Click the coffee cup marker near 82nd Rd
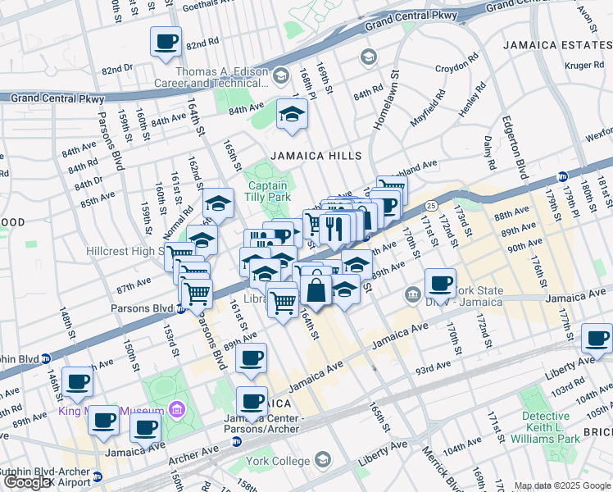tap(166, 41)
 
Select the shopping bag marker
tap(316, 289)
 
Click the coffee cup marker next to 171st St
tap(441, 284)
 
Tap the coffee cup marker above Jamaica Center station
tap(252, 402)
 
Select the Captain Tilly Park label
tap(268, 191)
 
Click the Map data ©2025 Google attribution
tap(561, 485)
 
